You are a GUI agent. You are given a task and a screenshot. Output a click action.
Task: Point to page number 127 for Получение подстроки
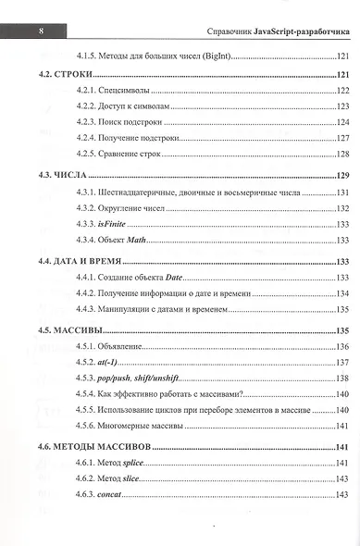click(x=338, y=137)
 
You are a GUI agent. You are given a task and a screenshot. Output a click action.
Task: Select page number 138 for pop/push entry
click(x=338, y=378)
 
